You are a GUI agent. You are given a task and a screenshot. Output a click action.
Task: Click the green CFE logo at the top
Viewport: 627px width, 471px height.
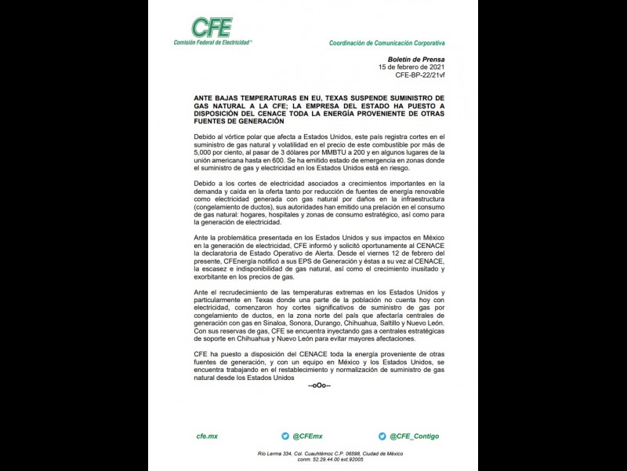pyautogui.click(x=212, y=28)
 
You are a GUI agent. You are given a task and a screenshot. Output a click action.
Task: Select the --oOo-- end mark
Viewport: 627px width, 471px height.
pyautogui.click(x=319, y=385)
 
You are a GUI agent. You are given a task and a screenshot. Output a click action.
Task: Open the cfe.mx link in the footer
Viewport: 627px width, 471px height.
pyautogui.click(x=207, y=436)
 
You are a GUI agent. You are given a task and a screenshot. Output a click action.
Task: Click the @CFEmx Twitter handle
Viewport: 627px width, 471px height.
pyautogui.click(x=307, y=436)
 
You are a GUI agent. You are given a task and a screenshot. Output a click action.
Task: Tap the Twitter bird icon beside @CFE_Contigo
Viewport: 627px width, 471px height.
pyautogui.click(x=382, y=436)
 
